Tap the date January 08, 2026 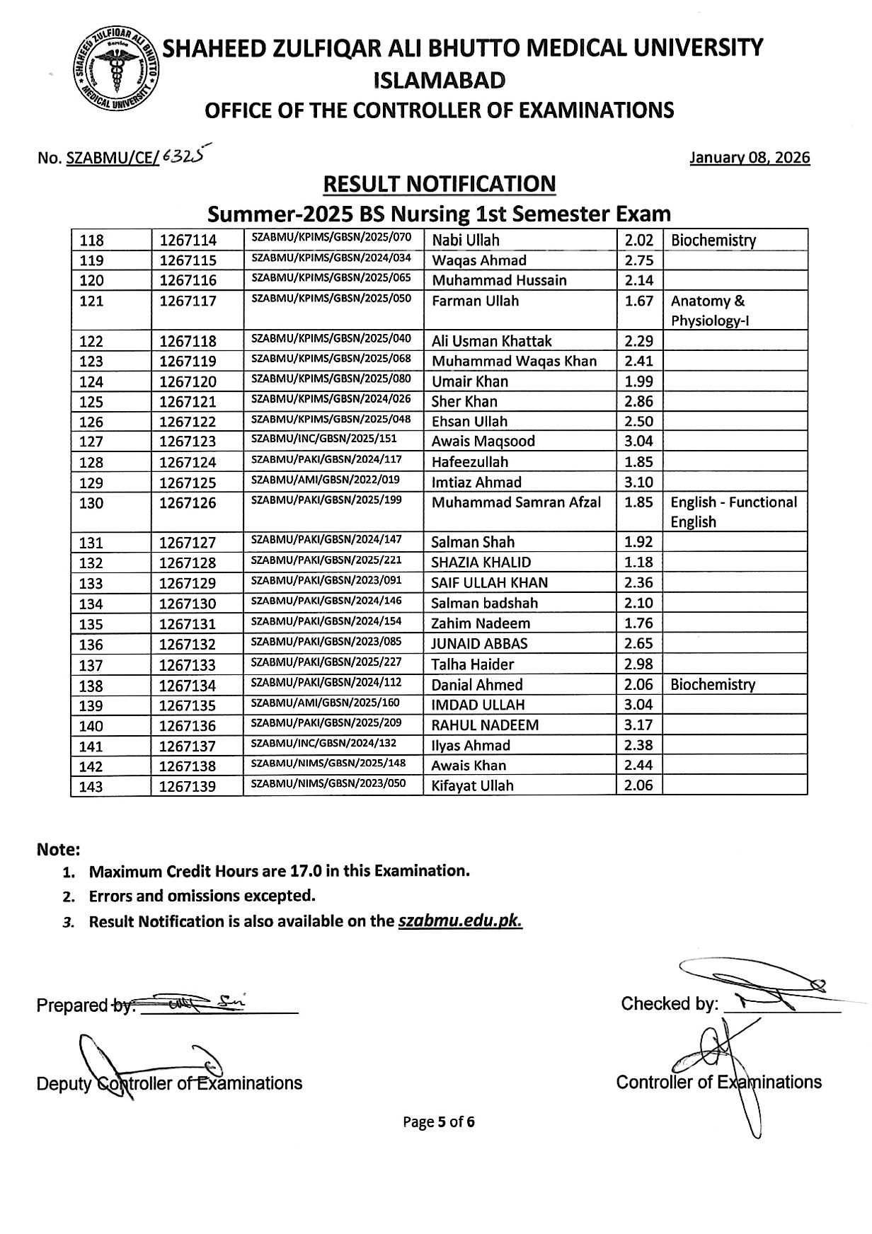(x=750, y=158)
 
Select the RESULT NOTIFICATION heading (x=439, y=184)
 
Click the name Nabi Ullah (x=465, y=240)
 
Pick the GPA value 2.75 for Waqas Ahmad (x=638, y=260)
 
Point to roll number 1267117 (x=188, y=301)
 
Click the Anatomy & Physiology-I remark (x=710, y=311)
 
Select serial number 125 (x=91, y=402)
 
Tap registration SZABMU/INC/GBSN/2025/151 (x=325, y=439)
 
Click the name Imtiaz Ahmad (x=476, y=483)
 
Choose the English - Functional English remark (x=733, y=512)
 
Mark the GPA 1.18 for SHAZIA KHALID (x=638, y=563)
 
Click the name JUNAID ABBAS (x=479, y=644)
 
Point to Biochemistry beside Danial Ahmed (x=713, y=684)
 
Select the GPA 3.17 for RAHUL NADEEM (x=638, y=725)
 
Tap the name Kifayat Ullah (x=472, y=785)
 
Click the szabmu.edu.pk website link (x=460, y=921)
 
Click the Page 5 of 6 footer (x=439, y=1121)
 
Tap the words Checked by (x=669, y=1004)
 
